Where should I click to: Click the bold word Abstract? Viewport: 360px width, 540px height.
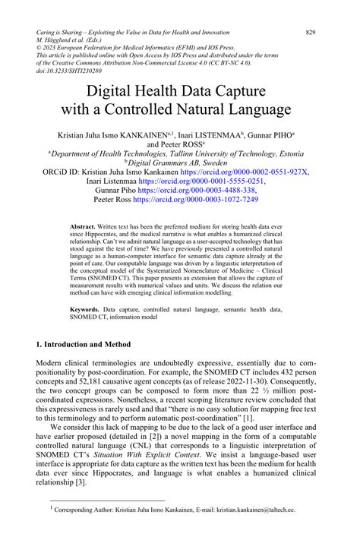(x=82, y=227)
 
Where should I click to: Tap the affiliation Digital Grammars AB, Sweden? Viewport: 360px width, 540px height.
(x=181, y=162)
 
